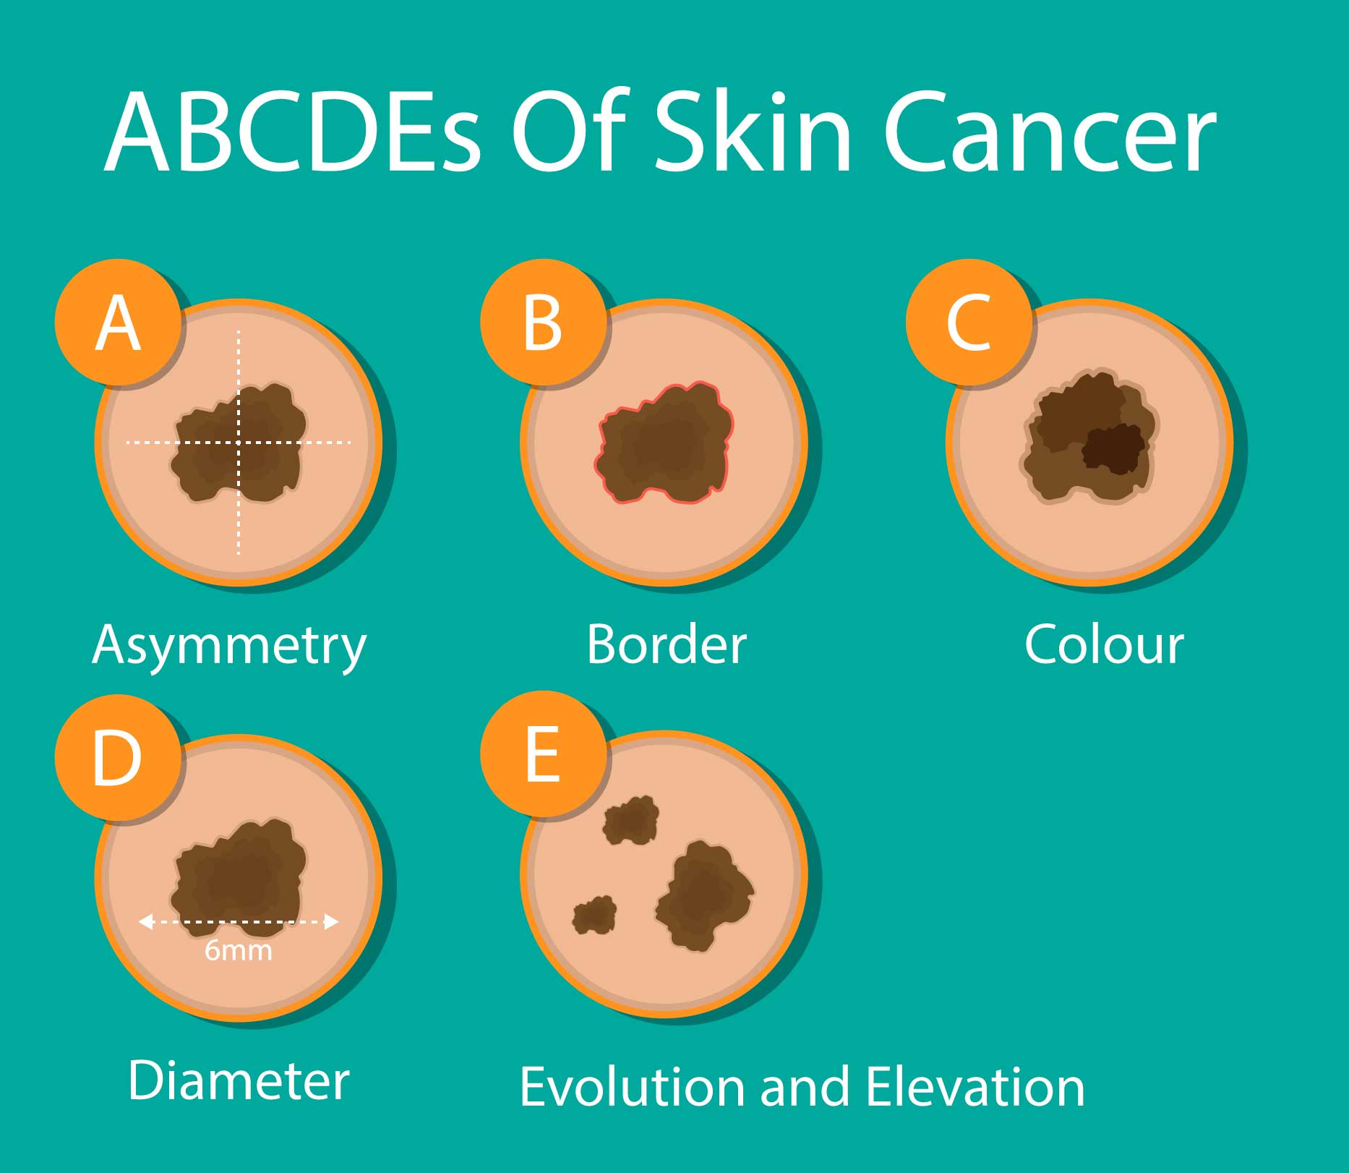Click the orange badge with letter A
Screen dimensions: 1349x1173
click(x=117, y=322)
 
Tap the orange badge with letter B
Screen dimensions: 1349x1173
click(x=543, y=322)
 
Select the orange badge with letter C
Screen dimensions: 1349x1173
click(x=969, y=322)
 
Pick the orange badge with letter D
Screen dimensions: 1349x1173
click(x=117, y=757)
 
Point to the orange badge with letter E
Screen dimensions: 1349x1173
click(x=543, y=754)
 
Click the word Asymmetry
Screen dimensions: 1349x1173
click(x=229, y=646)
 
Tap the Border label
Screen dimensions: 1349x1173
click(x=666, y=644)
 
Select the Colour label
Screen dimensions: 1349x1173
click(x=1104, y=644)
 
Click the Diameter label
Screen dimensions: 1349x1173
click(x=239, y=1080)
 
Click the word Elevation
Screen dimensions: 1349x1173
click(x=975, y=1087)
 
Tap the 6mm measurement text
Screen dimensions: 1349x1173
click(x=239, y=950)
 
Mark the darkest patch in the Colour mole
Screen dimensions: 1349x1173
click(x=1113, y=448)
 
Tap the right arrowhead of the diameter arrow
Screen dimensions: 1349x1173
click(x=332, y=921)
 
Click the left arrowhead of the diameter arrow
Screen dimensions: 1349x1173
click(x=145, y=921)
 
